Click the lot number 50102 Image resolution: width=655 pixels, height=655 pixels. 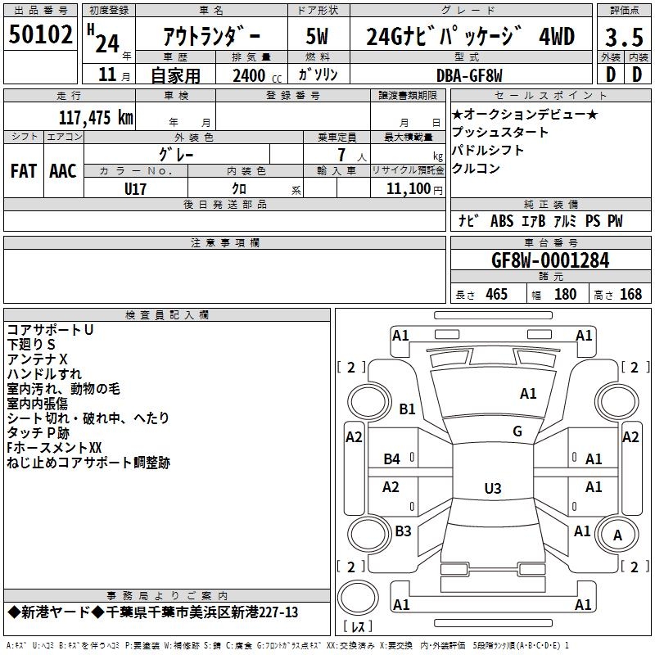40,34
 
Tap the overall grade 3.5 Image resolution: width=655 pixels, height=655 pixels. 624,37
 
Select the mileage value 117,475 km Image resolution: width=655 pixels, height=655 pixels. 96,117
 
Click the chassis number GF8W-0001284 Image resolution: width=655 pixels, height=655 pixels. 550,260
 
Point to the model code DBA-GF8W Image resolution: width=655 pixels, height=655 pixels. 469,75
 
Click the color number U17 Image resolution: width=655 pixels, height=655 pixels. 135,189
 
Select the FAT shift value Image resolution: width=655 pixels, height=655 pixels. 24,171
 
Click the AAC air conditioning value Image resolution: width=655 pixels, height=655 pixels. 63,171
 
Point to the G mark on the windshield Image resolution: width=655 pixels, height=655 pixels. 517,431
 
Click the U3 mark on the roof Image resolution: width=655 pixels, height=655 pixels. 493,488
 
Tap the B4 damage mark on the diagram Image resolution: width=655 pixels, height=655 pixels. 392,459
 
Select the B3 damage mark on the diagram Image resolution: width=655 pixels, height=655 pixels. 403,531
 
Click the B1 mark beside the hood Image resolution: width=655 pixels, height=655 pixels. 407,409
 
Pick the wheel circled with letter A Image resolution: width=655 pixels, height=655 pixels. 617,535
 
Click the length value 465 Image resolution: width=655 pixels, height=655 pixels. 496,294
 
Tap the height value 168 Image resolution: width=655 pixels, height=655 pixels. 630,294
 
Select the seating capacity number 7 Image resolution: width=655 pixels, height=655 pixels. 341,155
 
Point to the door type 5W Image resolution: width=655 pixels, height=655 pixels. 317,36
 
